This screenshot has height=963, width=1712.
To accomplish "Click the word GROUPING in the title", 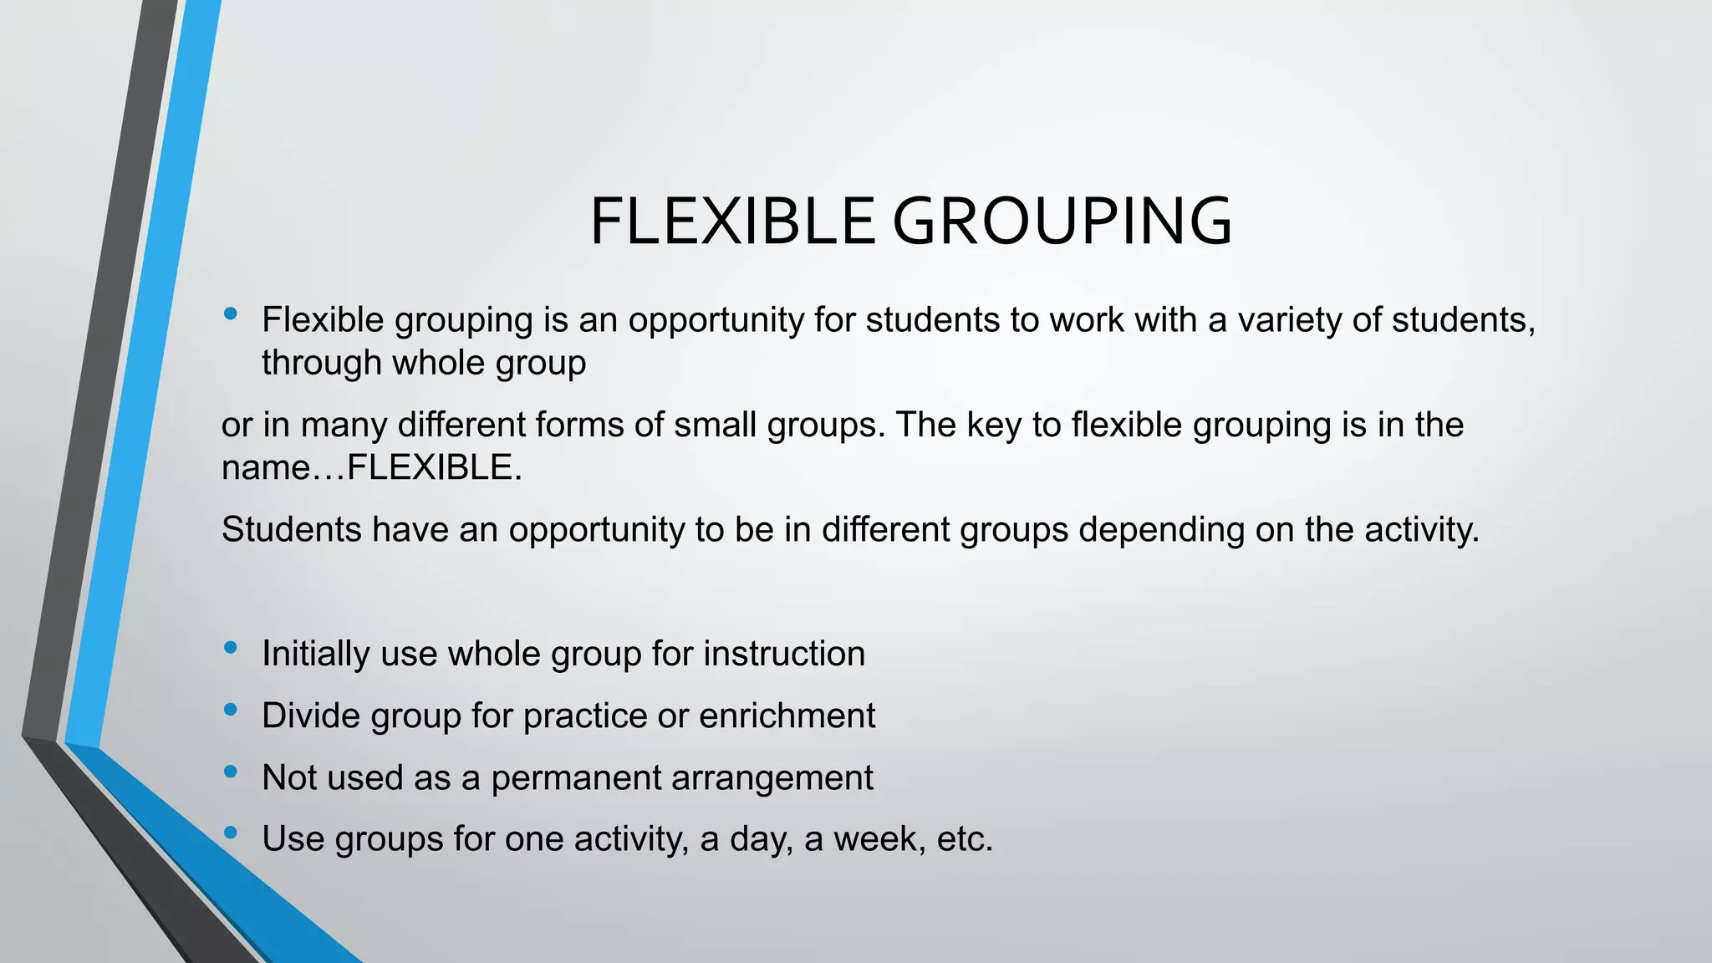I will [1062, 222].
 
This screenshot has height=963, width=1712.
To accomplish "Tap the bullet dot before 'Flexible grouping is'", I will [231, 314].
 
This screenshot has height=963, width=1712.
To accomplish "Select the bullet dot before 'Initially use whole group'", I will [231, 648].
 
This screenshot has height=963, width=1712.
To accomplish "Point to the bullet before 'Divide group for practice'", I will [231, 710].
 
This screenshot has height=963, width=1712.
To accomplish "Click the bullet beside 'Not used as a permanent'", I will [231, 772].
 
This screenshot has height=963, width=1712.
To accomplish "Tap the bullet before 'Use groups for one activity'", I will [231, 833].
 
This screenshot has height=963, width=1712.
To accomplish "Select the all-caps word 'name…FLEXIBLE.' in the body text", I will [371, 467].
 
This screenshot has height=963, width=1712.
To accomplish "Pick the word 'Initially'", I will [315, 654].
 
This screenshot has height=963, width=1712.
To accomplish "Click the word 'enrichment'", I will [787, 716].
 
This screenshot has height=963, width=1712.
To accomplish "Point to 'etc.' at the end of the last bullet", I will [965, 838].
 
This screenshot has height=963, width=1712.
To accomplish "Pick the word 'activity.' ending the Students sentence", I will [1421, 530].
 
